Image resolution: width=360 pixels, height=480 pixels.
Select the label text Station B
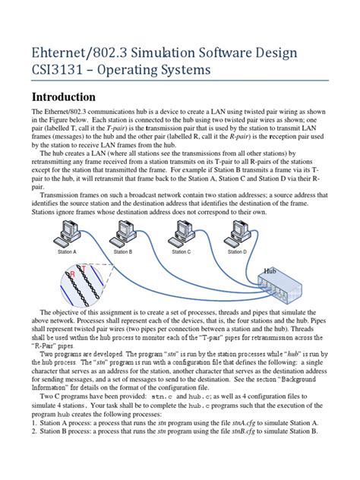coord(123,251)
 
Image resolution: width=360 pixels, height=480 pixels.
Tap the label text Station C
coord(181,251)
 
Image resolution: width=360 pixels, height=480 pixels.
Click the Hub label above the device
coord(271,270)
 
